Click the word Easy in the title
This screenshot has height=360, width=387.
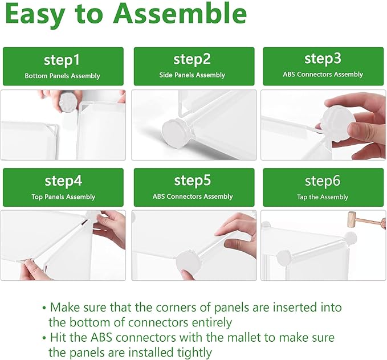[35, 15]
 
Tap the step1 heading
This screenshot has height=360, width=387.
[62, 60]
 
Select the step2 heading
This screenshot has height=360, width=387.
[192, 59]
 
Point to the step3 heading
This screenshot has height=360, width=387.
[323, 59]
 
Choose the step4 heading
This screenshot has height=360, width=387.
[63, 181]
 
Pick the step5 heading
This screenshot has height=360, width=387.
[193, 181]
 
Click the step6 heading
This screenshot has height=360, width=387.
[323, 181]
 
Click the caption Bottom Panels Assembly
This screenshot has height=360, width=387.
[63, 76]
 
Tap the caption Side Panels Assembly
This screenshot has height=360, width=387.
[192, 75]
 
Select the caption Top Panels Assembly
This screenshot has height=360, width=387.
[63, 197]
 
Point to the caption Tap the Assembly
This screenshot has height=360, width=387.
[323, 197]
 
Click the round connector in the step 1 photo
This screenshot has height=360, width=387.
[68, 102]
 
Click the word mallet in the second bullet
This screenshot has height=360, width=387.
[244, 338]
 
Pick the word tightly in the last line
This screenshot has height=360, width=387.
[194, 353]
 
